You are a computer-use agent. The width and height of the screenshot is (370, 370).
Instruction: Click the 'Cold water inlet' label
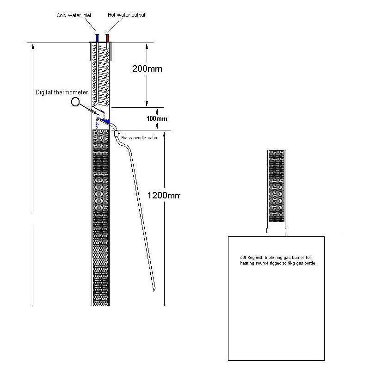74,15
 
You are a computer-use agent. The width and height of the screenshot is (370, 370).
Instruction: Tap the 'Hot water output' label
126,15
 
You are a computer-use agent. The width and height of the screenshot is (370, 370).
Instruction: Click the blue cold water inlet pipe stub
97,38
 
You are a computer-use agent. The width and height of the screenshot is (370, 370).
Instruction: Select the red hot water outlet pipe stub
107,38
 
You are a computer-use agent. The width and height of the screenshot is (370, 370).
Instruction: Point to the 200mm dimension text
147,68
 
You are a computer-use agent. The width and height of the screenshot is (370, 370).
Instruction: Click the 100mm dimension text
157,118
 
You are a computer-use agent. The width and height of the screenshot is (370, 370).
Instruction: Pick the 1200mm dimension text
164,195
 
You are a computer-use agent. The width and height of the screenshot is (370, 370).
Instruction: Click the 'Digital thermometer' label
62,92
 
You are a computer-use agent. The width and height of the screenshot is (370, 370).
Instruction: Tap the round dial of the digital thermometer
75,102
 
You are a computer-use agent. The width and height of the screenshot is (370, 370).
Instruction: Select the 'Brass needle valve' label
140,138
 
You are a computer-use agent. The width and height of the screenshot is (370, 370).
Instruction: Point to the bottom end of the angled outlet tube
154,290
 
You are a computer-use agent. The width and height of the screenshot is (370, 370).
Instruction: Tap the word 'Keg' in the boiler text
251,258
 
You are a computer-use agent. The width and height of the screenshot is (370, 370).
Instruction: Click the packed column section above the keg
277,186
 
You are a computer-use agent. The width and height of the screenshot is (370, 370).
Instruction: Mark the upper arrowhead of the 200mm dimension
147,47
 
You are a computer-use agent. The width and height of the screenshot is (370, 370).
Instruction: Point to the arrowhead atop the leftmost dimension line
33,47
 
